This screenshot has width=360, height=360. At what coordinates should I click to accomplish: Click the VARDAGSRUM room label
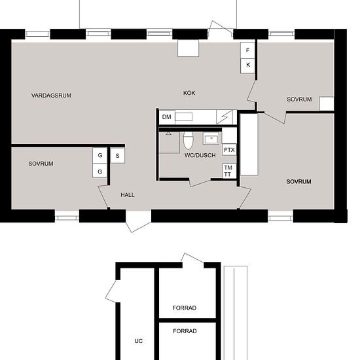tap(51, 96)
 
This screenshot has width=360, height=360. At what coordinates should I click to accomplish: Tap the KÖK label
tap(189, 93)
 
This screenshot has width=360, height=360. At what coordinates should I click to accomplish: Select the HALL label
tap(128, 195)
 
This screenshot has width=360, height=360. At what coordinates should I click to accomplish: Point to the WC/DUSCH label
tap(200, 155)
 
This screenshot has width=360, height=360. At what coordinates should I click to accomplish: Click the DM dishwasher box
tap(167, 117)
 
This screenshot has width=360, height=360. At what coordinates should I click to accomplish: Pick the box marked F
tap(247, 50)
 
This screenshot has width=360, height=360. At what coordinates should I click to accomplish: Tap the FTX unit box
tap(229, 150)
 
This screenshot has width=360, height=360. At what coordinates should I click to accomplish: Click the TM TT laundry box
tap(230, 171)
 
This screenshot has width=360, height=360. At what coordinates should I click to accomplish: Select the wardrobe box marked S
tap(118, 156)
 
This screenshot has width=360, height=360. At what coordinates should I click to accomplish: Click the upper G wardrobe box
tap(100, 155)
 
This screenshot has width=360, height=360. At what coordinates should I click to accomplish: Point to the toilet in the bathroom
tap(189, 140)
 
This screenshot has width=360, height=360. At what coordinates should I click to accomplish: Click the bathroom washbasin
tap(211, 139)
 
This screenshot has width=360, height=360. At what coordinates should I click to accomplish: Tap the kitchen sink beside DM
tap(184, 117)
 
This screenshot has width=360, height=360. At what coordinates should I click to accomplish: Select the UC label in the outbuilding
tap(139, 341)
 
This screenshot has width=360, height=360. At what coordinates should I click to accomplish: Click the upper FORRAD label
tap(185, 308)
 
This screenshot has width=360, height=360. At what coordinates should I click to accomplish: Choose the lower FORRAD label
tap(185, 331)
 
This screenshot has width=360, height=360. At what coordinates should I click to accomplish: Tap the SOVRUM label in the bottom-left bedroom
tap(41, 164)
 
